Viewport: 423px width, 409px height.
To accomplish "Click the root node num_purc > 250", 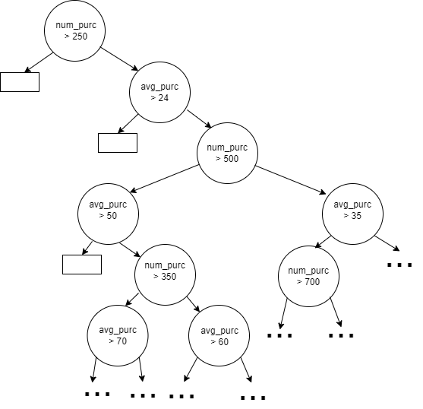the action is [74, 30].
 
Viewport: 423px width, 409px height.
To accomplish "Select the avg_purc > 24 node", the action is [159, 92].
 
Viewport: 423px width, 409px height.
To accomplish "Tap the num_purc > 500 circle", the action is [227, 153].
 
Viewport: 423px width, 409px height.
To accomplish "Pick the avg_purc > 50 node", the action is [108, 214].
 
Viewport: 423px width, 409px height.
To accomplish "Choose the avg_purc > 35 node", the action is [352, 214].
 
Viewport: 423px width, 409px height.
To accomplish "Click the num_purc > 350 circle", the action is [165, 275].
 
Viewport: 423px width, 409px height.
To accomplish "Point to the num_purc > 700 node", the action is [308, 276].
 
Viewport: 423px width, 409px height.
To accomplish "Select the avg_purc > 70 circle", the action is [118, 335].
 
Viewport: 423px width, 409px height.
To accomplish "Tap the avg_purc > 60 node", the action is [219, 335].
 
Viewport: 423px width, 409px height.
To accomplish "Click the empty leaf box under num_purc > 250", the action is [20, 82].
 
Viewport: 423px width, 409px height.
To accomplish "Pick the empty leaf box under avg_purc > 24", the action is [118, 143].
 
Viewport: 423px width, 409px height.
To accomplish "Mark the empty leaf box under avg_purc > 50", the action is [82, 265].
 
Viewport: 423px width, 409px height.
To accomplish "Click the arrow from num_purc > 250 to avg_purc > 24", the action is [119, 59].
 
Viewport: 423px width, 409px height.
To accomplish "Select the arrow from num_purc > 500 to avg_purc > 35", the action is [291, 180].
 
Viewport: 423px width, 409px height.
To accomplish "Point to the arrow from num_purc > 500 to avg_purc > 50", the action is [164, 179].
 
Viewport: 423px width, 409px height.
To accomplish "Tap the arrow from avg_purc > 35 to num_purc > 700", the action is [323, 242].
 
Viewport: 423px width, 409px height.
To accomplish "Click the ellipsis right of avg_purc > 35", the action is [399, 265].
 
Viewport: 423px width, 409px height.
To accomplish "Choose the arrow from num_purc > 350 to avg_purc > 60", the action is [194, 304].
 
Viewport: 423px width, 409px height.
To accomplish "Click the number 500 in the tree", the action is [231, 159].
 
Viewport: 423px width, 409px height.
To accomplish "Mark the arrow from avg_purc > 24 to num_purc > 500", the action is [200, 119].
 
